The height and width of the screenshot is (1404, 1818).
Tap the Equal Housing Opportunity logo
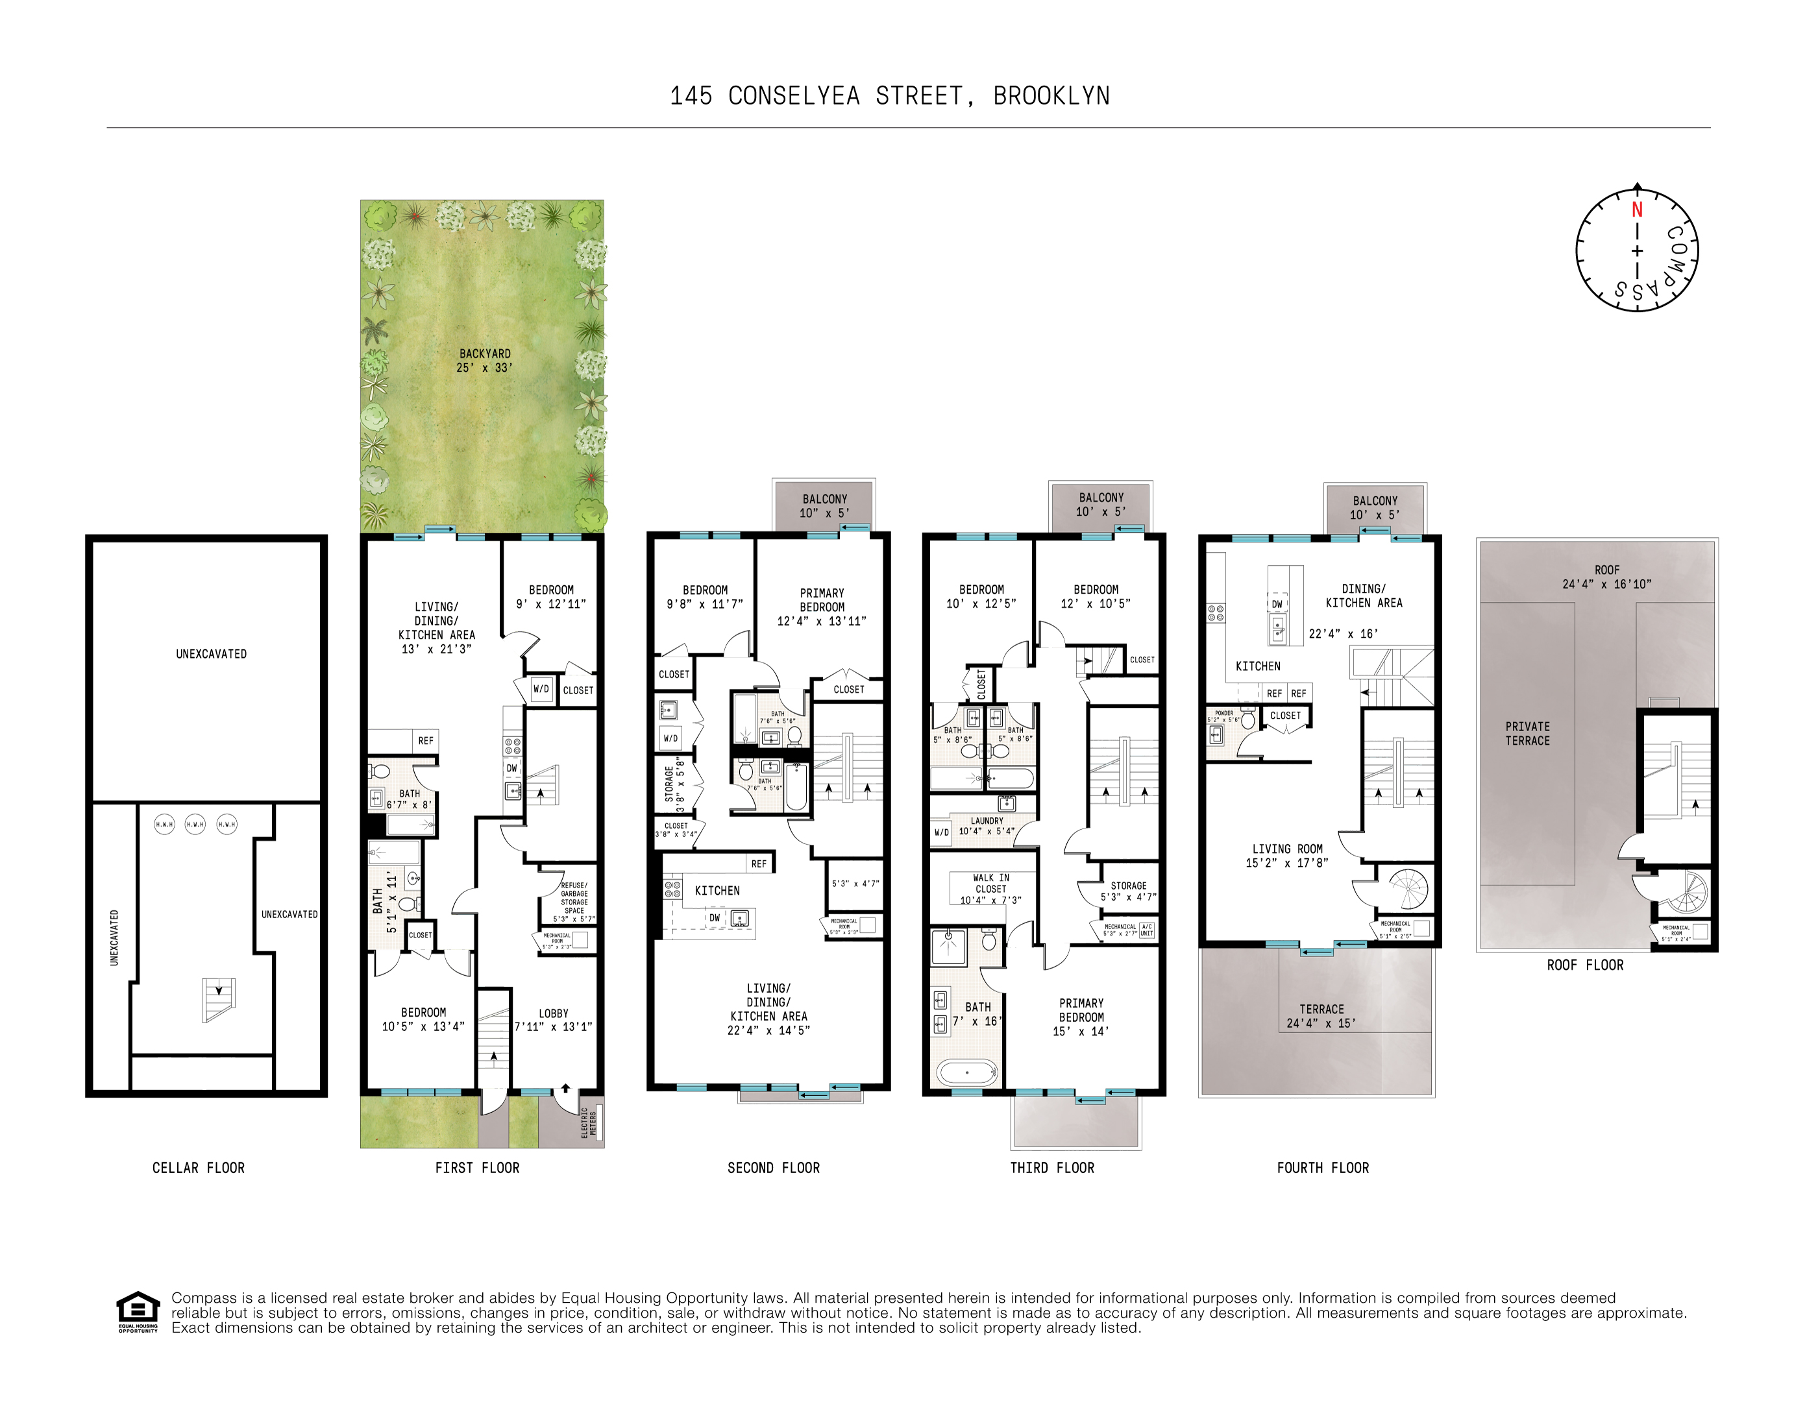pos(138,1311)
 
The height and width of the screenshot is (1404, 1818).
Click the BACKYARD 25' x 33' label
pos(484,360)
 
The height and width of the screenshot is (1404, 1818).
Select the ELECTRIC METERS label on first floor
pos(589,1122)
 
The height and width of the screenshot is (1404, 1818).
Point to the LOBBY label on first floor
pos(554,1013)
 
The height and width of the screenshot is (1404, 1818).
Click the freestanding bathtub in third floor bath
pos(966,1072)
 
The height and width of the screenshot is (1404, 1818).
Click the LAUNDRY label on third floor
pos(987,821)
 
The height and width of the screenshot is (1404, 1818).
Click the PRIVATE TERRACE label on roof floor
pos(1527,733)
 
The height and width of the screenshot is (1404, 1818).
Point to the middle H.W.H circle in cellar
pos(195,824)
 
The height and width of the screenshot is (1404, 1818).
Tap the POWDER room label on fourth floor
pos(1223,713)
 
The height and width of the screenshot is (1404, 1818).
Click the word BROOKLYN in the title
pos(1051,97)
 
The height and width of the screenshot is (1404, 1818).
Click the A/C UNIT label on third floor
pos(1146,930)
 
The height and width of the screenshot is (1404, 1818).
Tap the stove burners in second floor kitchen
pos(672,889)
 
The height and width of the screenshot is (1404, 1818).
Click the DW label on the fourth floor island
pos(1277,604)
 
